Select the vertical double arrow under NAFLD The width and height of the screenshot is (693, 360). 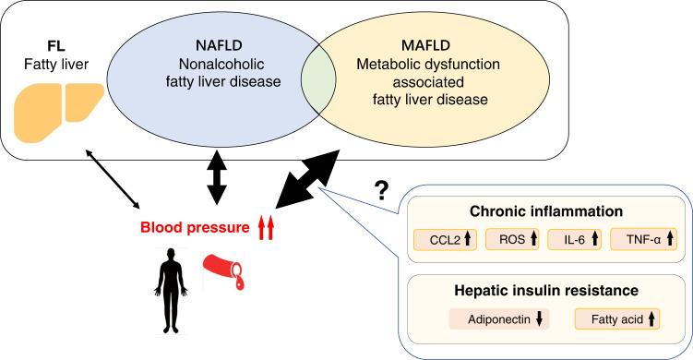tap(215, 179)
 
